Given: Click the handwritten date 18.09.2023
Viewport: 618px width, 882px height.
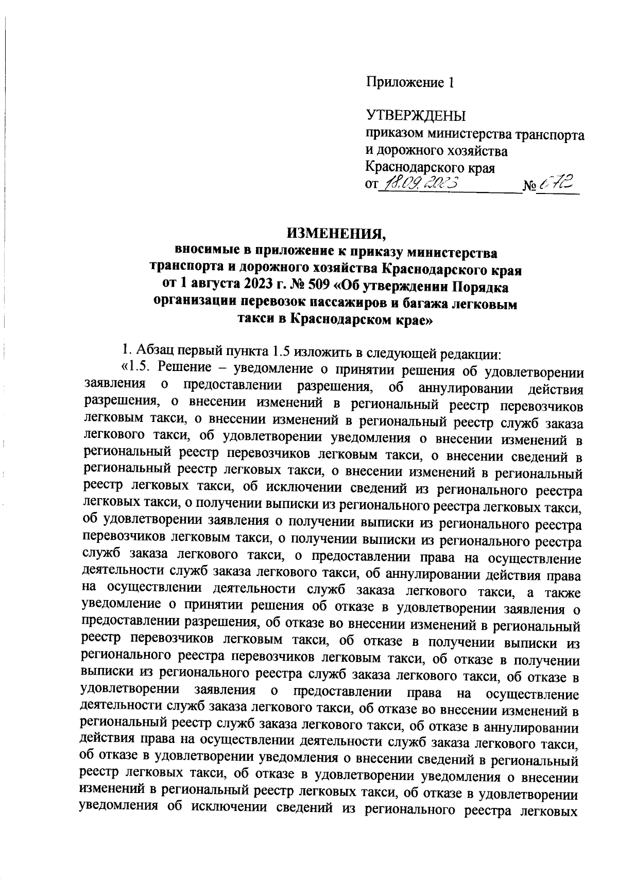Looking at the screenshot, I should tap(419, 183).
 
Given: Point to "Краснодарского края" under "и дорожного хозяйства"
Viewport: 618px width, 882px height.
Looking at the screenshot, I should tap(430, 168).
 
